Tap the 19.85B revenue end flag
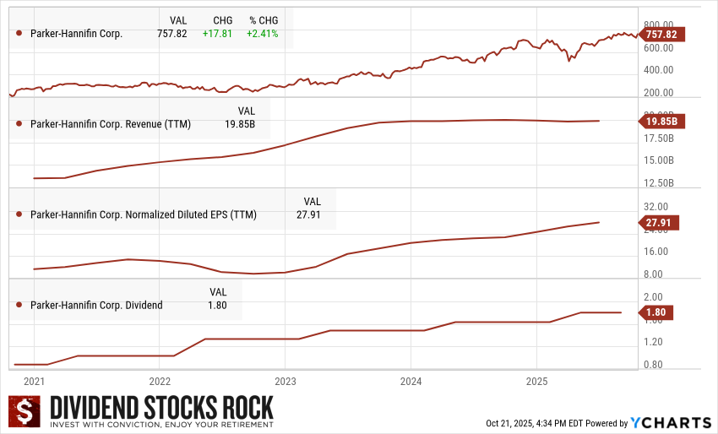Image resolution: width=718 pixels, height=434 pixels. (661, 121)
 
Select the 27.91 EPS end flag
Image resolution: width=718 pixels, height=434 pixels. (661, 223)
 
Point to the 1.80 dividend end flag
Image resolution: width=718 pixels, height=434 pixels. (656, 312)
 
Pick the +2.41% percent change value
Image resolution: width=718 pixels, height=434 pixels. (263, 34)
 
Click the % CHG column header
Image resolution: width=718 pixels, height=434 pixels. (263, 19)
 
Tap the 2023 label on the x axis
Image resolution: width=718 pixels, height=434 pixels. (286, 381)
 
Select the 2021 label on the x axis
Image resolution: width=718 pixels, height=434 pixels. (35, 381)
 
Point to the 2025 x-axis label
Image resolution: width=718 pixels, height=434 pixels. (537, 381)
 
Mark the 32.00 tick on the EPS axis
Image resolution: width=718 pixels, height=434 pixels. (655, 206)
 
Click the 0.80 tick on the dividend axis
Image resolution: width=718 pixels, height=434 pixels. (655, 365)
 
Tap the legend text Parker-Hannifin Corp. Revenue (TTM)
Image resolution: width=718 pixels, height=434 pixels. (110, 124)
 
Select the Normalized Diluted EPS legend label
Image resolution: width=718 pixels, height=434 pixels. (143, 214)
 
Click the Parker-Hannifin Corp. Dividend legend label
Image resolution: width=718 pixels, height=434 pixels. (95, 305)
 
